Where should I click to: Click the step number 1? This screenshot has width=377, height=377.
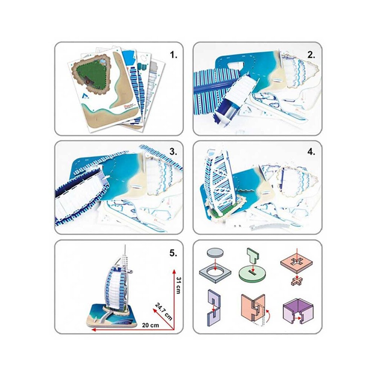click(173, 55)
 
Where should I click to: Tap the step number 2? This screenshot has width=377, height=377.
click(311, 55)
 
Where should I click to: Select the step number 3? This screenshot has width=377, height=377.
click(173, 152)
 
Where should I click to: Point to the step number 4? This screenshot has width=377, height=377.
click(311, 152)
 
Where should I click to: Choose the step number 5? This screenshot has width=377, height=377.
click(173, 253)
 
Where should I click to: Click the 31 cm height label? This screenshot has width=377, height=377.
click(178, 285)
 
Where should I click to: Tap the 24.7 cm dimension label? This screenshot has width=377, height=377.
click(164, 312)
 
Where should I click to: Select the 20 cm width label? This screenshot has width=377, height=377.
click(150, 325)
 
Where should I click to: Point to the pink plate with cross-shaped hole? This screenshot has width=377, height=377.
click(297, 262)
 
